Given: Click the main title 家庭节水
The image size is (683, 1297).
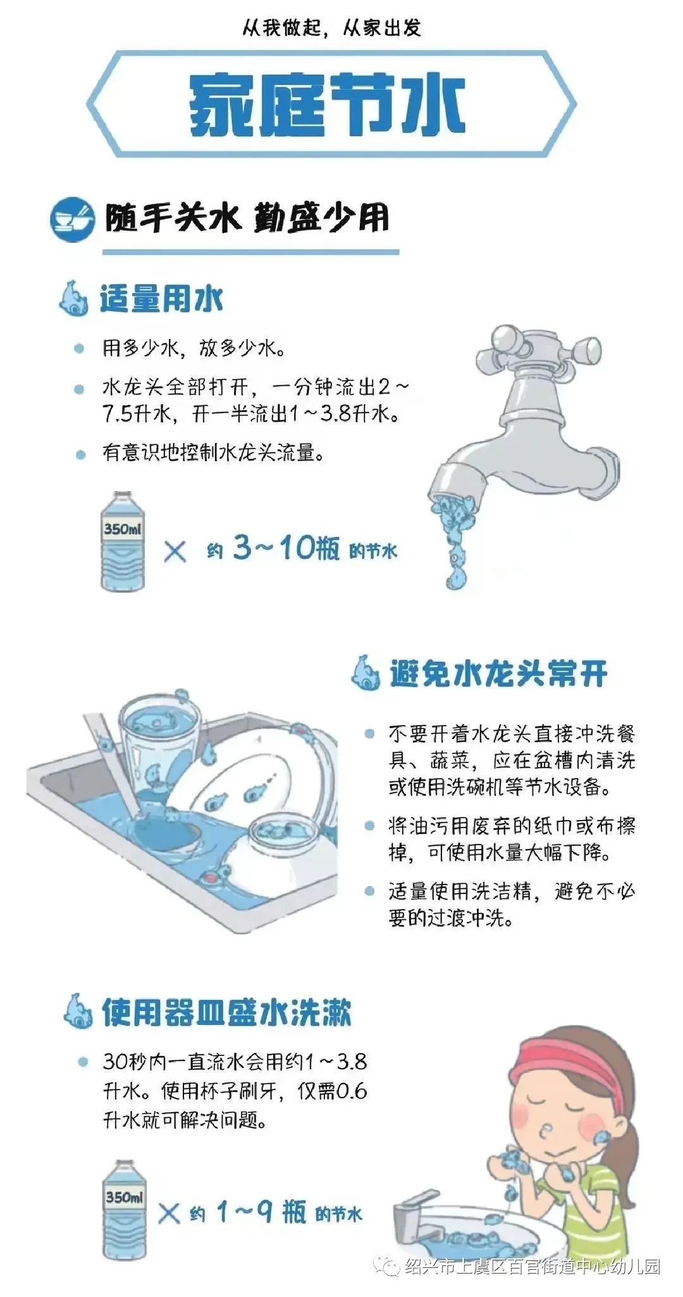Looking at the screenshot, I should [x=328, y=104].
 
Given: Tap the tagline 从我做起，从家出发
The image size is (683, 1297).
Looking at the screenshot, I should [x=331, y=28].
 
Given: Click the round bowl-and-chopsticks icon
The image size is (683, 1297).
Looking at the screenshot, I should [x=72, y=219].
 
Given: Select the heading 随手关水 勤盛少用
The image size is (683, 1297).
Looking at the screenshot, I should [x=247, y=219].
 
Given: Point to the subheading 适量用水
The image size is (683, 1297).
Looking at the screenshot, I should [x=161, y=299].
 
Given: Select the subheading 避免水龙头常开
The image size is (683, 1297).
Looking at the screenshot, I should [x=498, y=674].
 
